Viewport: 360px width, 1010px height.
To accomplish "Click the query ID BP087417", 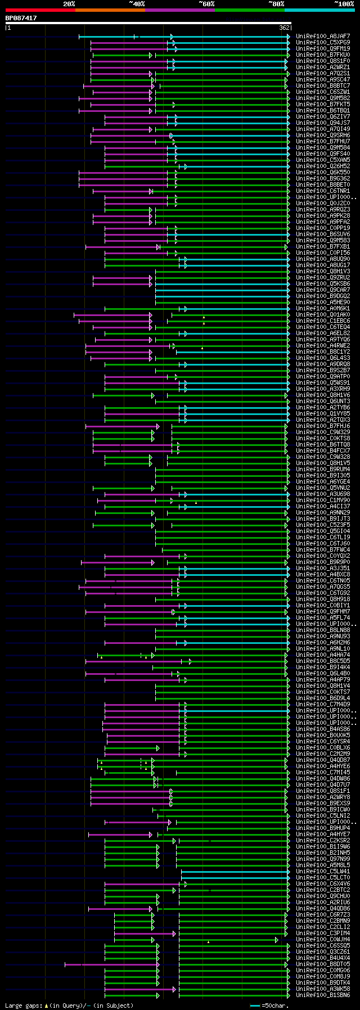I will [x=21, y=18].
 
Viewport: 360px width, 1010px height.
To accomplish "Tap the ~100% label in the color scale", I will [x=344, y=4].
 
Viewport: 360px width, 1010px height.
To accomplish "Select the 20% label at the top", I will [x=69, y=4].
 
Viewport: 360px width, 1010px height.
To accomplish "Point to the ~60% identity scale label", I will [x=206, y=4].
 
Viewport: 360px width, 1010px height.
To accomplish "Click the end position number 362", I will [x=284, y=28].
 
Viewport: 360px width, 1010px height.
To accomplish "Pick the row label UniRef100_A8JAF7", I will [x=323, y=36].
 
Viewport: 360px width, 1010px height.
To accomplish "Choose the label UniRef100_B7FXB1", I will [x=323, y=246].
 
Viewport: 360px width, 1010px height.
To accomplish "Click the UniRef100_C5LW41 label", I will [x=323, y=871].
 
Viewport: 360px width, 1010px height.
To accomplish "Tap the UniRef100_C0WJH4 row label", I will [x=323, y=939].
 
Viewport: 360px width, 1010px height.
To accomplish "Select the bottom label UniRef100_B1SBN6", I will [x=323, y=995].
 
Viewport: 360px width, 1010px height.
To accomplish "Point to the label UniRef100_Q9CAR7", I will [x=323, y=290].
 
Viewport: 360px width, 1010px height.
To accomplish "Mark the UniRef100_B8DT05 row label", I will [x=323, y=964].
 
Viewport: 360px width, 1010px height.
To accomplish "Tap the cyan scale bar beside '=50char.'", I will [x=255, y=1005].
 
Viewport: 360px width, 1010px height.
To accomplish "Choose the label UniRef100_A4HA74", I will [x=323, y=655].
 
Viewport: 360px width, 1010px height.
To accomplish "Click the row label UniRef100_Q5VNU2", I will [x=323, y=488].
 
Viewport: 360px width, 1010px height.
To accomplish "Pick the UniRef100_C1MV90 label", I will [x=323, y=500].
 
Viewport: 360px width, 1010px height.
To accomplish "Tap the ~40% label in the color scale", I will [x=137, y=4].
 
